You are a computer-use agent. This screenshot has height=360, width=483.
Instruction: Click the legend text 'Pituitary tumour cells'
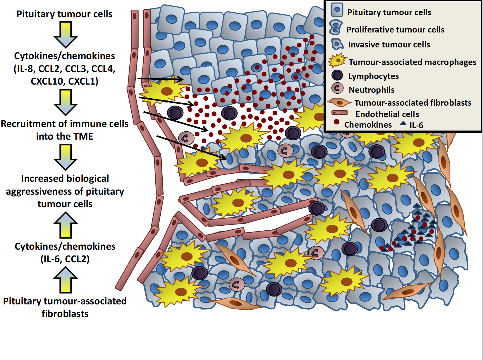[389, 12]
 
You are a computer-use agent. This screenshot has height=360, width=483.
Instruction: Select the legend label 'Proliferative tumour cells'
[395, 30]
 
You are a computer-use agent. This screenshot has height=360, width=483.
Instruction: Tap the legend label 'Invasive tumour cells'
[389, 44]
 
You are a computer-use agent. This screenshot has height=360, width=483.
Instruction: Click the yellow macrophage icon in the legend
[338, 60]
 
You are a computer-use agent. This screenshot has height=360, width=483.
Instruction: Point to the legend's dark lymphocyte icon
[337, 75]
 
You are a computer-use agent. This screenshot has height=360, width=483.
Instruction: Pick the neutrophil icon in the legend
[337, 88]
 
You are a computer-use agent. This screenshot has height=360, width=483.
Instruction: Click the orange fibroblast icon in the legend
[339, 102]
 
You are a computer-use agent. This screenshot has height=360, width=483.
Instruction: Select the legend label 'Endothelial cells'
[387, 114]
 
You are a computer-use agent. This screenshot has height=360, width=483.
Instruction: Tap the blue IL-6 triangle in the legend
[403, 124]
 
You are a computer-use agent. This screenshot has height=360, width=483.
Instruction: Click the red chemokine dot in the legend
[336, 122]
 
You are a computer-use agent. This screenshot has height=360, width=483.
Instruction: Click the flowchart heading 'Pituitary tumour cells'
[64, 14]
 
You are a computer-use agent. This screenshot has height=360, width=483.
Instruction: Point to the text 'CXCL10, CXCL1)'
[64, 81]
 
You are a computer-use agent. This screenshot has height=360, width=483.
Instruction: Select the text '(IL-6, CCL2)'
[65, 259]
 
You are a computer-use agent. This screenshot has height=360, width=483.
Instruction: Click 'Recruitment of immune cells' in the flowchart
[65, 124]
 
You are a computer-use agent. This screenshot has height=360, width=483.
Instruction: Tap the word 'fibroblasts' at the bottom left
[65, 314]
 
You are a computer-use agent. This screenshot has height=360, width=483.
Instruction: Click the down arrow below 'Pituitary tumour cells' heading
[66, 35]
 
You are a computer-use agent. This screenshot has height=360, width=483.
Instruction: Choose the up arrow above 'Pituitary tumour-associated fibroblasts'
[66, 280]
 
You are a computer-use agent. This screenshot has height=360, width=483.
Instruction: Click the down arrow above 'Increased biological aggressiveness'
[66, 157]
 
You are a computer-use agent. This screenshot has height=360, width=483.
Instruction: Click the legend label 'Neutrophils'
[372, 90]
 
